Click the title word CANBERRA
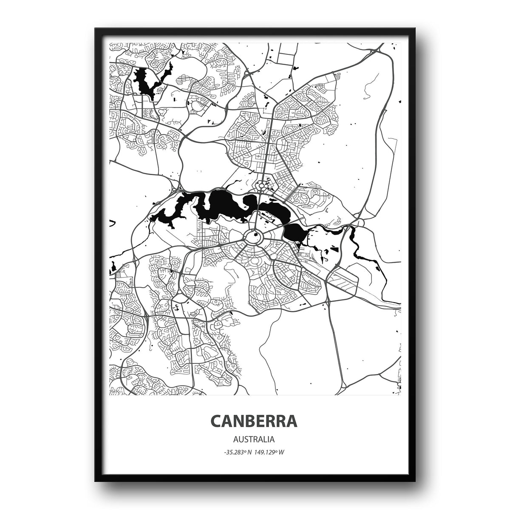click(x=254, y=421)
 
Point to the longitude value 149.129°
click(x=266, y=452)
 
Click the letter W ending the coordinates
click(x=281, y=452)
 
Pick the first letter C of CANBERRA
click(x=215, y=421)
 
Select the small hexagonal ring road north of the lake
click(x=261, y=186)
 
